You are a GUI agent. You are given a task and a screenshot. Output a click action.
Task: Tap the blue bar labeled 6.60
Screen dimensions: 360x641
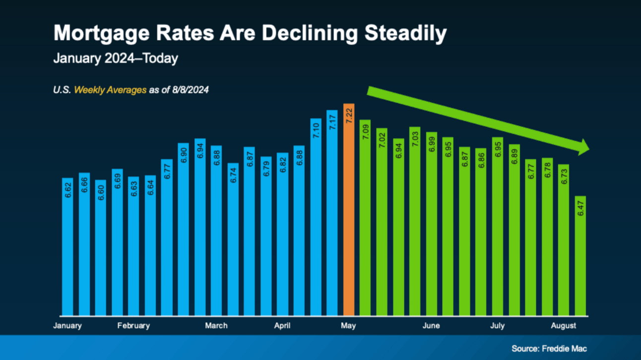coord(101,247)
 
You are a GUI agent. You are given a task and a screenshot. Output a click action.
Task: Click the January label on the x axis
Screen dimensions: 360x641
coord(67,326)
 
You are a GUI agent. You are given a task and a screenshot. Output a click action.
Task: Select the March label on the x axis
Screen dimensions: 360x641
coord(216,326)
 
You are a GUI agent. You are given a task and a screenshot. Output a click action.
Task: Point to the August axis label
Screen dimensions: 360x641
coord(564,326)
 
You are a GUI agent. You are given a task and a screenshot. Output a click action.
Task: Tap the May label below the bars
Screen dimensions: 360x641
coord(349,326)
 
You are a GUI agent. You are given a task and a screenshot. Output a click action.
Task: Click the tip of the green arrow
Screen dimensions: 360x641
coord(588,147)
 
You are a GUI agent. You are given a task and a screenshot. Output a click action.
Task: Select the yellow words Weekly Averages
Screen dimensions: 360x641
coord(110,90)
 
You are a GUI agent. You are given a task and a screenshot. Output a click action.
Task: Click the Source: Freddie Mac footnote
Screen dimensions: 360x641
coord(549,349)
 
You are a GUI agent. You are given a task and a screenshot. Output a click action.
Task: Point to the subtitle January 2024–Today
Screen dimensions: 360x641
coord(116,59)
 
